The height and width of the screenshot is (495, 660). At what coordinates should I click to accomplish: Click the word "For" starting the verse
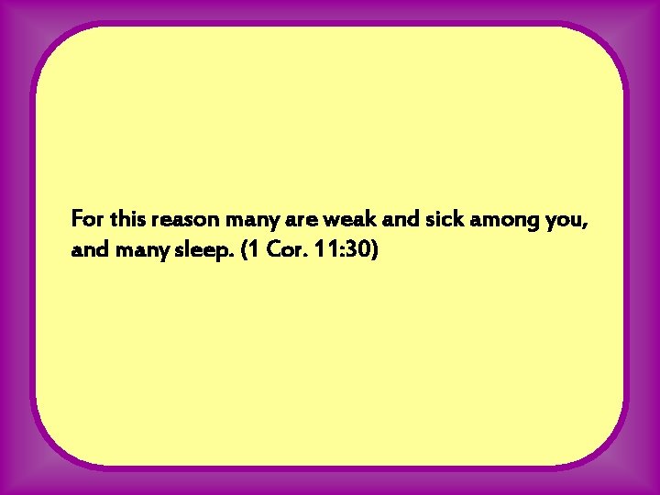pos(88,220)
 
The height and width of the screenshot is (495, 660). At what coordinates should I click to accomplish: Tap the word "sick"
pos(414,220)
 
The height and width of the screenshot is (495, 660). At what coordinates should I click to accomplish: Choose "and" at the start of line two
pos(88,249)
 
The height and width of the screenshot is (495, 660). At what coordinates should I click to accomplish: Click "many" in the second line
pos(137,249)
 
